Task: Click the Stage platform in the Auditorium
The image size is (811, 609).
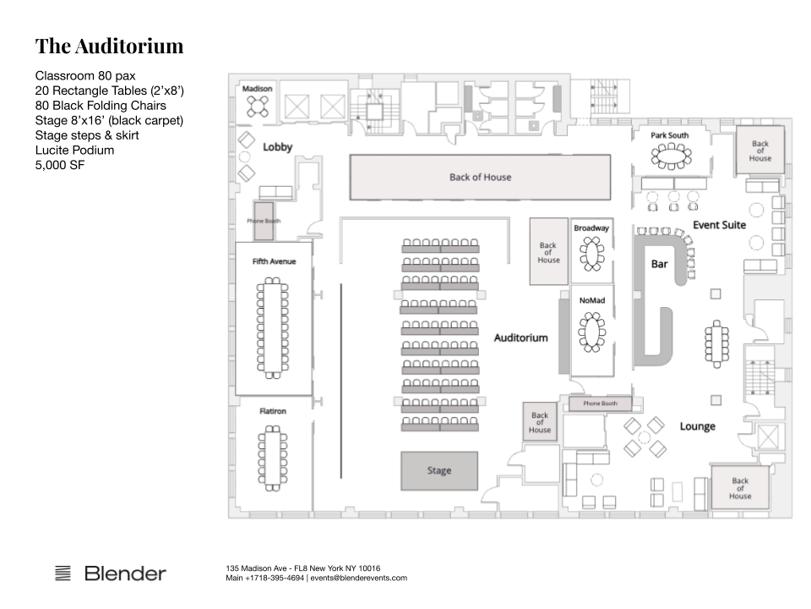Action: point(439,470)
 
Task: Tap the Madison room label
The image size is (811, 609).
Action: point(257,89)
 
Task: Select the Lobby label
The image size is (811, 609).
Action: point(278,147)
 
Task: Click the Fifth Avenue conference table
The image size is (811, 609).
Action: point(273,328)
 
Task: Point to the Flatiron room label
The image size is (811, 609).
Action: point(273,411)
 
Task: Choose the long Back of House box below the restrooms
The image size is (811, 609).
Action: point(480,177)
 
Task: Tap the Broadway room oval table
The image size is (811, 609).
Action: point(591,253)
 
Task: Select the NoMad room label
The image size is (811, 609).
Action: point(592,300)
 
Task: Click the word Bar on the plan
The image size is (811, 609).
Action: point(660,264)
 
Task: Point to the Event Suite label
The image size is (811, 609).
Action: point(720,225)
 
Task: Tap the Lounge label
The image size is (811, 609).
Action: point(698,426)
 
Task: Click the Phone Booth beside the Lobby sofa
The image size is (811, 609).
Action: point(264,221)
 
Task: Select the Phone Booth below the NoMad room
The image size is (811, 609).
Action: point(601,403)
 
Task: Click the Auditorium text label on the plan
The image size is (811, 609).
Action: point(521,337)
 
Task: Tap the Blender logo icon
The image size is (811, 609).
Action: point(63,573)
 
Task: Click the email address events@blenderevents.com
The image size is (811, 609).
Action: point(358,578)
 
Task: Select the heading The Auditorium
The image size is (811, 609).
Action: point(109,46)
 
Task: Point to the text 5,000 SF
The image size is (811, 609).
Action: point(60,165)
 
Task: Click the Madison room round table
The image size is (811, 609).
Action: point(257,107)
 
